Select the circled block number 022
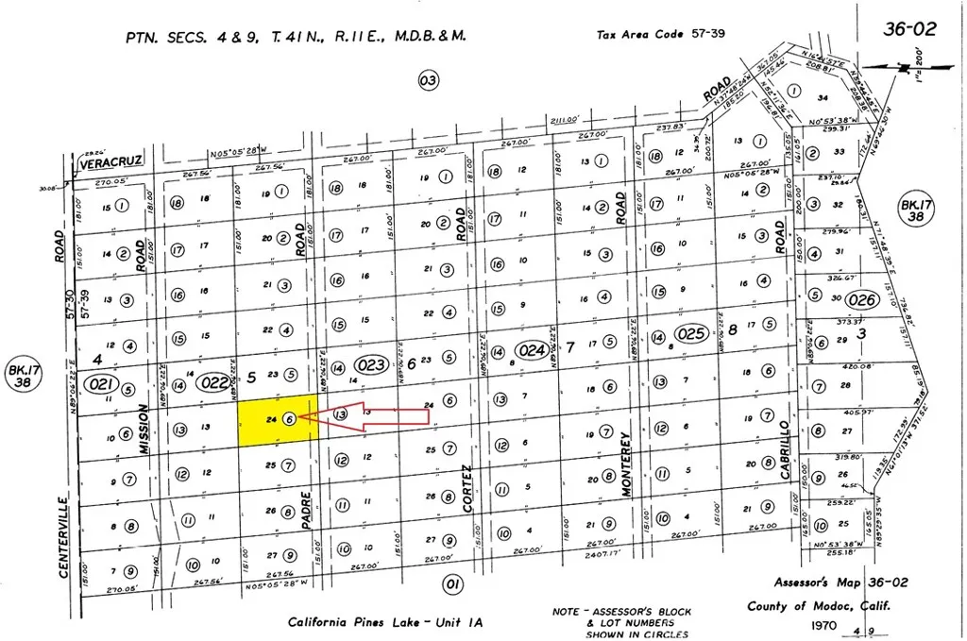click(215, 382)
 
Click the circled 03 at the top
click(429, 81)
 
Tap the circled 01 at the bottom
click(453, 585)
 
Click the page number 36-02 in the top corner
click(909, 29)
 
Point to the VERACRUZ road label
click(111, 161)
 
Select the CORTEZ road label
click(467, 489)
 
